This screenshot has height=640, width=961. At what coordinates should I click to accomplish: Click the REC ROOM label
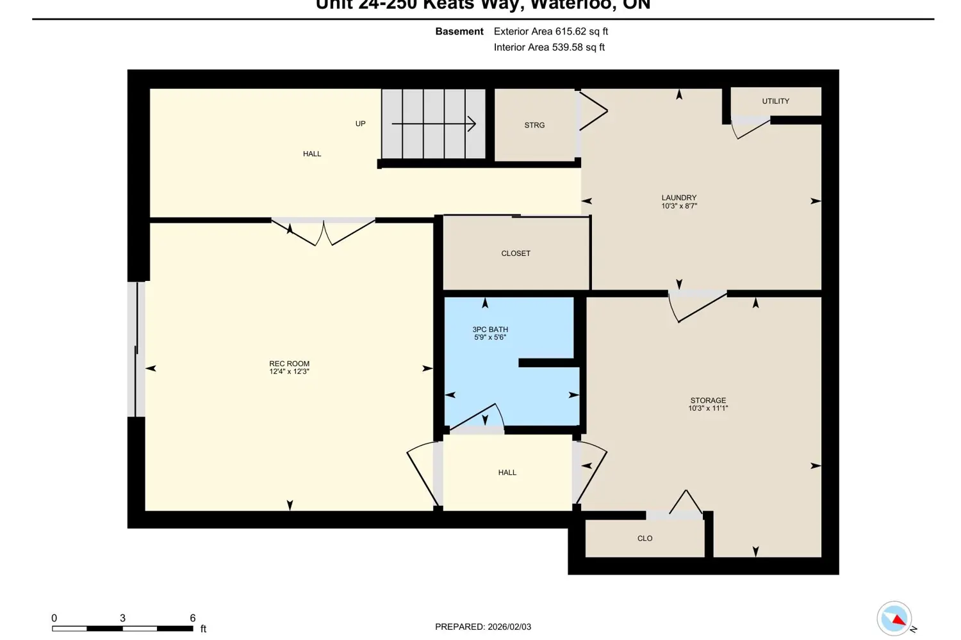point(289,364)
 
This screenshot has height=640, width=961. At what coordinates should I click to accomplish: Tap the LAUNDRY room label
point(678,198)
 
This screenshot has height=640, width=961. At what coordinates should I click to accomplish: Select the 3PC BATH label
point(490,329)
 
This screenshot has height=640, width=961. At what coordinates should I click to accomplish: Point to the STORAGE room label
point(708,400)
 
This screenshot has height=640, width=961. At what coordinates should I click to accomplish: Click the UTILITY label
point(775,101)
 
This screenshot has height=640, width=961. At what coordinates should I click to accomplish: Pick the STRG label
point(534,125)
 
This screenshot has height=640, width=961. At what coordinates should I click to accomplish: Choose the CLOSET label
point(515,253)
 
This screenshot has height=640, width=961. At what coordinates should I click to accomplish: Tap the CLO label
point(645,538)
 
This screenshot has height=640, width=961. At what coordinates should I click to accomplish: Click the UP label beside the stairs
point(360,124)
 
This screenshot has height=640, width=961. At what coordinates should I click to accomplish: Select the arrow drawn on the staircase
point(434,124)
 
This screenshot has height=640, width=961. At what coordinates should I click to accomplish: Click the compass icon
point(894,618)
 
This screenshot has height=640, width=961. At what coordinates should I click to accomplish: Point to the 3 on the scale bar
point(122,618)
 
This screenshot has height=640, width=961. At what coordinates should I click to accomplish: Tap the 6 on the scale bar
point(192,618)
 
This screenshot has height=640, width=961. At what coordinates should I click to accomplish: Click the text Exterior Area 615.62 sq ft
point(550,31)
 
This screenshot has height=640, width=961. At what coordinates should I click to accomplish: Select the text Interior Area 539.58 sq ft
point(549,47)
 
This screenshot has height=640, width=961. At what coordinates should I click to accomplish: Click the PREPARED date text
point(482,627)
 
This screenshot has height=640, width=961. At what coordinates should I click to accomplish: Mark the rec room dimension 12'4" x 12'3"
point(289,372)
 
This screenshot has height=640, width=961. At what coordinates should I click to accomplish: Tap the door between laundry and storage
point(697,306)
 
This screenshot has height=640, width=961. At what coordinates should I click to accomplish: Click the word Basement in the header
point(459,31)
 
